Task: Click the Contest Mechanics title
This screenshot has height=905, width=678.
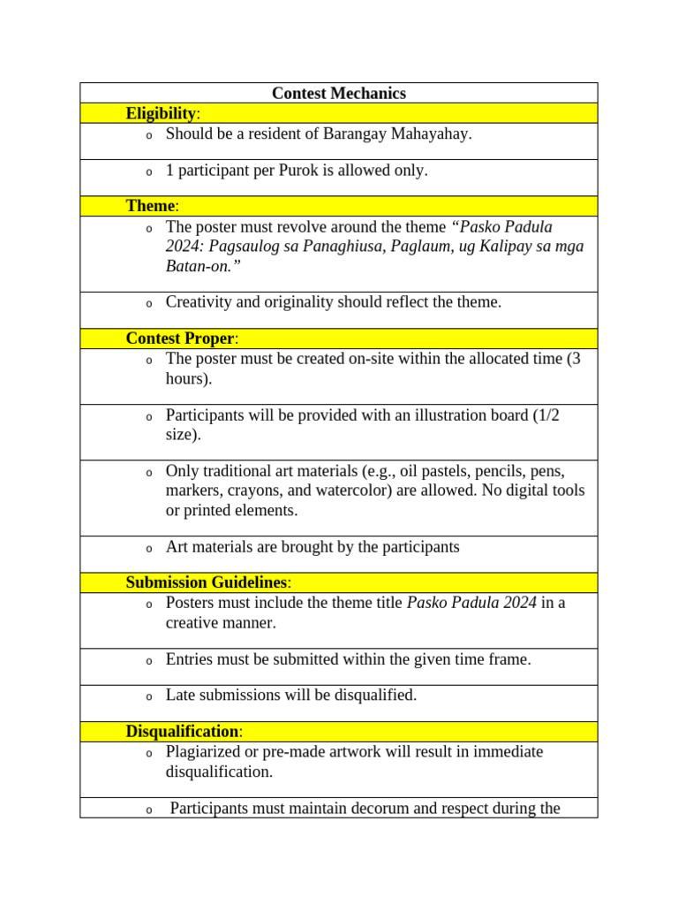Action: [338, 94]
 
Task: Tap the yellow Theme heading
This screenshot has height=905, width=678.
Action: [152, 206]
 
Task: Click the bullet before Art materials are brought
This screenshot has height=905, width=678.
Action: [148, 549]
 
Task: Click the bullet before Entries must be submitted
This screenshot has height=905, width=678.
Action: [148, 661]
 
